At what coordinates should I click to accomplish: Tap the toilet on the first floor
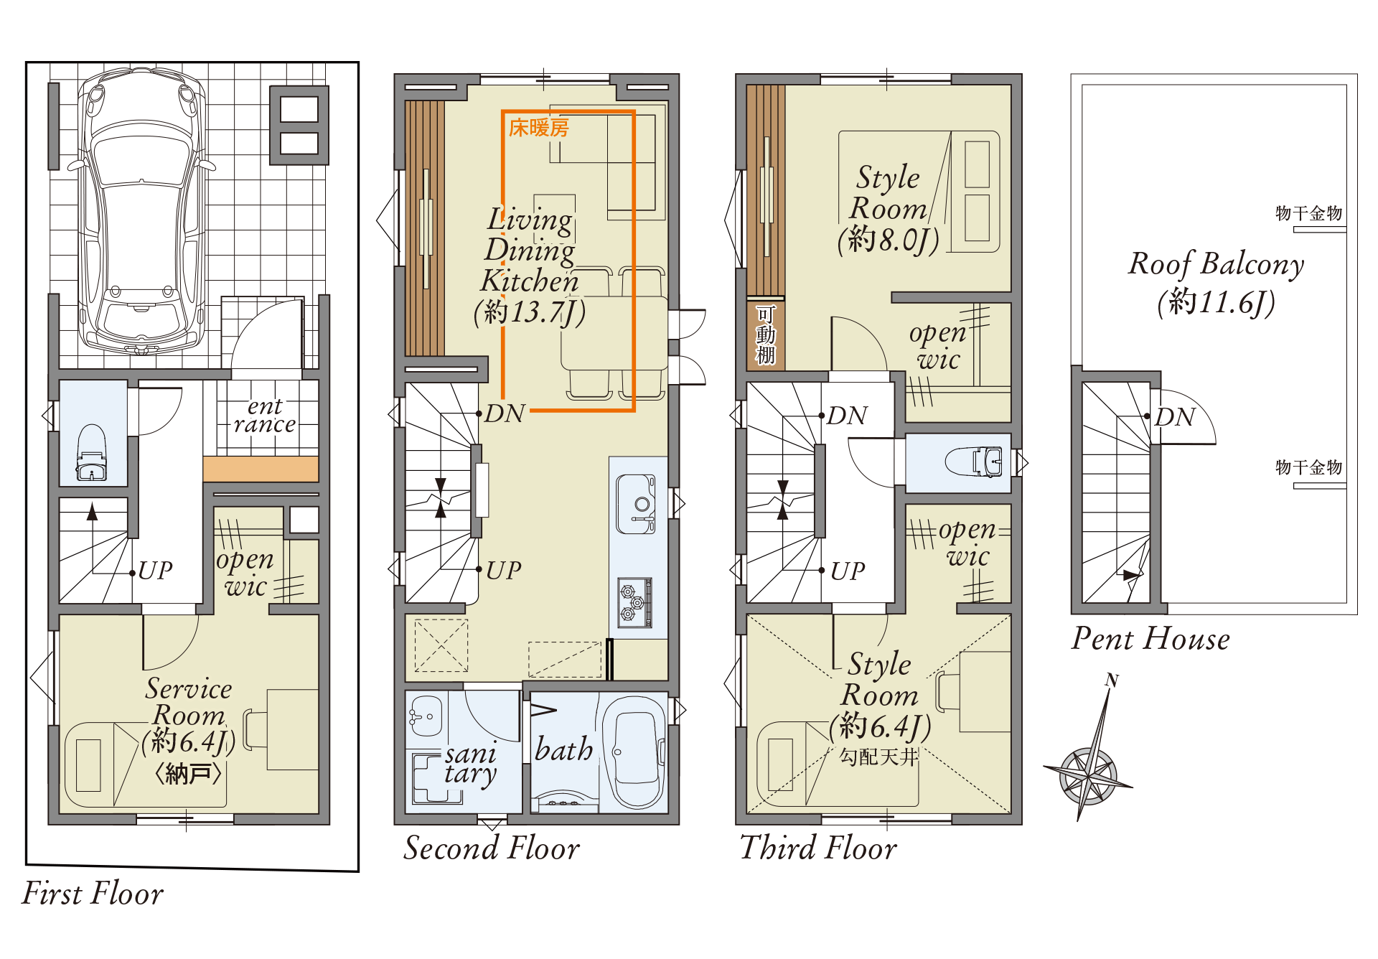coord(91,453)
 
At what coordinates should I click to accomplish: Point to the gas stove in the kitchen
coord(636,602)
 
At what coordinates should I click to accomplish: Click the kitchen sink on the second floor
coord(636,503)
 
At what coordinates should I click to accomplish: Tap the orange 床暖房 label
coord(538,128)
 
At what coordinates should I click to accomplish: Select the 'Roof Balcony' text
coord(1216,263)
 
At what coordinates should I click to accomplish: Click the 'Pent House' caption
coord(1150,638)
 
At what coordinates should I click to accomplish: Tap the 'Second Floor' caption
coord(492,848)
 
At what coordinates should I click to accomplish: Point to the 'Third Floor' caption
coord(818,848)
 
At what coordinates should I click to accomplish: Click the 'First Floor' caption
coord(93,894)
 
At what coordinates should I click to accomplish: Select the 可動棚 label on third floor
coord(766,335)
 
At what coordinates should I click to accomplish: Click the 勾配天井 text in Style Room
coord(878,757)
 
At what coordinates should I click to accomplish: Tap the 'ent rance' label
coord(264,416)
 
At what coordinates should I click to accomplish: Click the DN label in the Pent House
coord(1175,417)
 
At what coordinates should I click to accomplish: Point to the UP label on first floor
coord(155,571)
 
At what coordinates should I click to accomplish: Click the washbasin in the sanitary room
coord(425,716)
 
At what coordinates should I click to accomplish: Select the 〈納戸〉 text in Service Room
coord(188,774)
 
